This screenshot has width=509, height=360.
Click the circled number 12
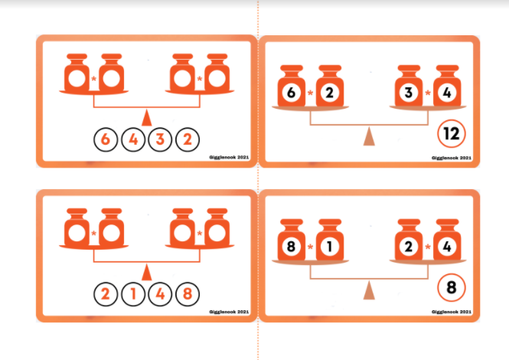(x=452, y=133)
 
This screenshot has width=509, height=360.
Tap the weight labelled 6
(x=292, y=86)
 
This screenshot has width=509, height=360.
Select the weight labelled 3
(x=409, y=86)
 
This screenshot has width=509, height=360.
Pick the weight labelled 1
(x=330, y=241)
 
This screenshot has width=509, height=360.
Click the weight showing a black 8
(x=292, y=241)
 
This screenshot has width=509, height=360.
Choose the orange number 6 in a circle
(x=106, y=139)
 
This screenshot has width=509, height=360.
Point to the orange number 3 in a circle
(x=160, y=139)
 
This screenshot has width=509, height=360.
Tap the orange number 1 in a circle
(x=132, y=294)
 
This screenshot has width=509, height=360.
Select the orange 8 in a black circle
(x=188, y=294)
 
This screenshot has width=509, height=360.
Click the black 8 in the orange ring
(x=452, y=287)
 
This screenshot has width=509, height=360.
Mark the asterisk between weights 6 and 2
(x=310, y=93)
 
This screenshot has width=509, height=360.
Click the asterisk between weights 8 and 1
(x=310, y=247)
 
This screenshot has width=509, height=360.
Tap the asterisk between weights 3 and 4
(x=428, y=93)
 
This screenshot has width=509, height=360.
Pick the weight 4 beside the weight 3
(x=447, y=86)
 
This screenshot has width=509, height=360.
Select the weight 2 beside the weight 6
(x=330, y=86)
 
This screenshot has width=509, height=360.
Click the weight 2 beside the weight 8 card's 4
(x=409, y=241)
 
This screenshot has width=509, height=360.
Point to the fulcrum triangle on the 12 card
(x=369, y=136)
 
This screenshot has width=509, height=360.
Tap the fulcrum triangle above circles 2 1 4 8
(x=147, y=272)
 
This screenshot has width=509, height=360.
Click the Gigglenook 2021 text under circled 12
(x=452, y=158)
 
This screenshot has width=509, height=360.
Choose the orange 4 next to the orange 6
(x=132, y=139)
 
